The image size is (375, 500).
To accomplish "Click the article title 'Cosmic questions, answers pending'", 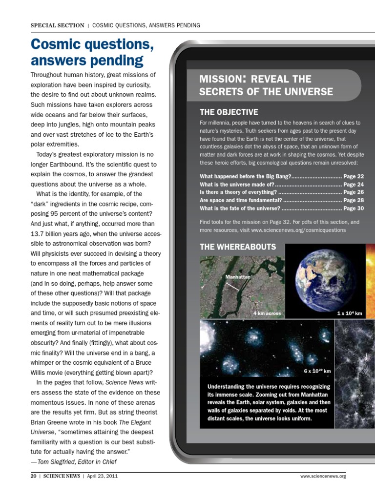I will point(92,52).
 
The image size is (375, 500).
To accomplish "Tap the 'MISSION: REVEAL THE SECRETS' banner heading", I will point(266,85).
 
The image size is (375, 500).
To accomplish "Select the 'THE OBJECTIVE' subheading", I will point(229,112).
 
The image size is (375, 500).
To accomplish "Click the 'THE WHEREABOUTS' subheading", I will point(238,247).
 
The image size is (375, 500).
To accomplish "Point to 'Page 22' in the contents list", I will point(354,176).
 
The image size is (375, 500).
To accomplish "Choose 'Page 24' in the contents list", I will point(354,185).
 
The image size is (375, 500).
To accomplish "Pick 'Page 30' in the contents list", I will point(354,208).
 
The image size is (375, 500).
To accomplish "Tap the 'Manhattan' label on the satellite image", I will point(238,277).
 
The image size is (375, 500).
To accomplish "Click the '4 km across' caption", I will point(267,313).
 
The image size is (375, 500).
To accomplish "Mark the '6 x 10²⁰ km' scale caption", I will point(317,371).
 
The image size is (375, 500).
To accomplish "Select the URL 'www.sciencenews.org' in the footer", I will point(324,476).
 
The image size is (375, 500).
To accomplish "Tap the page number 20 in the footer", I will point(34,476).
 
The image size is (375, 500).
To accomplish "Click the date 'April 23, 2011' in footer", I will point(102,476).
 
